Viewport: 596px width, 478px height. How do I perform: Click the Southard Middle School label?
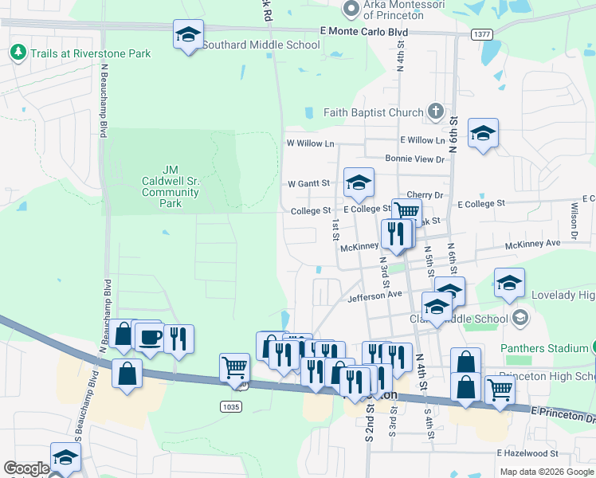261,45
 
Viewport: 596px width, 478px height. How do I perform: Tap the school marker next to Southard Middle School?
188,36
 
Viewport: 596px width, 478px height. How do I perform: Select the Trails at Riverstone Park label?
90,53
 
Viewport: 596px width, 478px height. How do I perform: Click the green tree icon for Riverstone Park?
18,53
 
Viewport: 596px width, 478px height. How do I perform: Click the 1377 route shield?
481,34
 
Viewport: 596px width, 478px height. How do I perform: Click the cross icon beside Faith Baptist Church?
435,112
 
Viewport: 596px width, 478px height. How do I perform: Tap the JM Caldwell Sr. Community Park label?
170,186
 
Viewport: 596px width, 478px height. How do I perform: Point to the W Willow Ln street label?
310,143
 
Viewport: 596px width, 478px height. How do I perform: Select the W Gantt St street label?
308,183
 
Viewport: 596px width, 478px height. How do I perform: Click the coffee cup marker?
150,337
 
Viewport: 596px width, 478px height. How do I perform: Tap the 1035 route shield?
230,406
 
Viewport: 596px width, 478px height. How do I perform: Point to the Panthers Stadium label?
544,348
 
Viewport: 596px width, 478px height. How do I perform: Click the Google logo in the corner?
26,468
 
